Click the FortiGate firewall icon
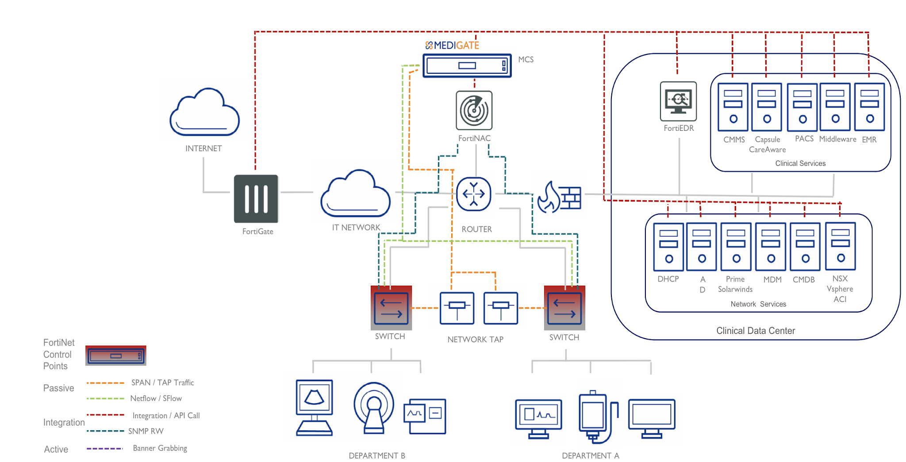(256, 199)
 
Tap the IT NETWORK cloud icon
(355, 194)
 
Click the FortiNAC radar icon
(474, 110)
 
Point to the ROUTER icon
(473, 194)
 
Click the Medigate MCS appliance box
(467, 66)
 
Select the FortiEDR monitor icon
(678, 101)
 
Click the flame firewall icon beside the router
(559, 197)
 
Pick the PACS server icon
(802, 107)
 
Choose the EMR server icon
(869, 107)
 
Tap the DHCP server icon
(668, 247)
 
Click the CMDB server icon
(805, 247)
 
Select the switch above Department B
(391, 308)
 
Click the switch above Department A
(564, 308)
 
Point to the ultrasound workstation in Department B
(315, 407)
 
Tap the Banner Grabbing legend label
(160, 448)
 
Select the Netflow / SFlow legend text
(156, 398)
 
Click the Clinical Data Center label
(755, 331)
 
